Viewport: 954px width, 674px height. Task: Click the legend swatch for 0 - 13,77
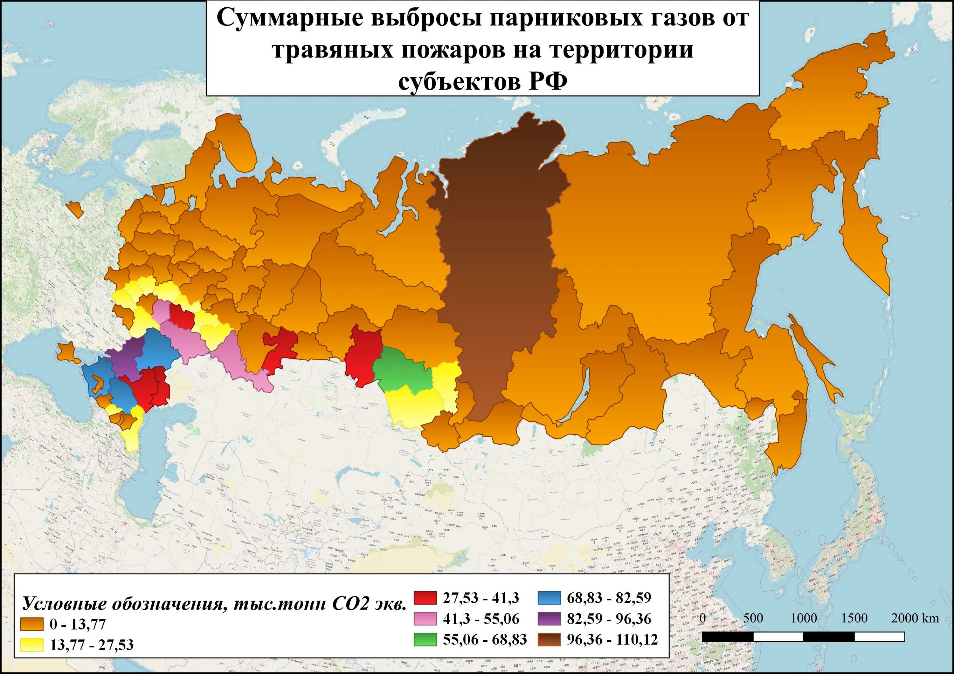pos(32,624)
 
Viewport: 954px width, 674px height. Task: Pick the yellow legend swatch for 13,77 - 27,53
pos(32,644)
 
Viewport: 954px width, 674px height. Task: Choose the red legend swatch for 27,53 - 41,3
pos(425,598)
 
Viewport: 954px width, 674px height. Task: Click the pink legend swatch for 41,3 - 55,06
pos(425,618)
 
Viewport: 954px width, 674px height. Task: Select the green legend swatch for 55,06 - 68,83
pos(425,639)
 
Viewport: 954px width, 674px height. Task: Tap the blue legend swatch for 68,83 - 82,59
pos(549,598)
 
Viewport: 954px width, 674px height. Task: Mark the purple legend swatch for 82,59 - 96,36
pos(549,618)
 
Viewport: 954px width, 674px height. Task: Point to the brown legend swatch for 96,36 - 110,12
pos(549,639)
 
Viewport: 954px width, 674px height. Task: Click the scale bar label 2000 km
pos(915,618)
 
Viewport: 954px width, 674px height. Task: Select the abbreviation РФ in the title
pos(548,82)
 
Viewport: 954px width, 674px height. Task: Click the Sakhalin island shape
pos(814,357)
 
